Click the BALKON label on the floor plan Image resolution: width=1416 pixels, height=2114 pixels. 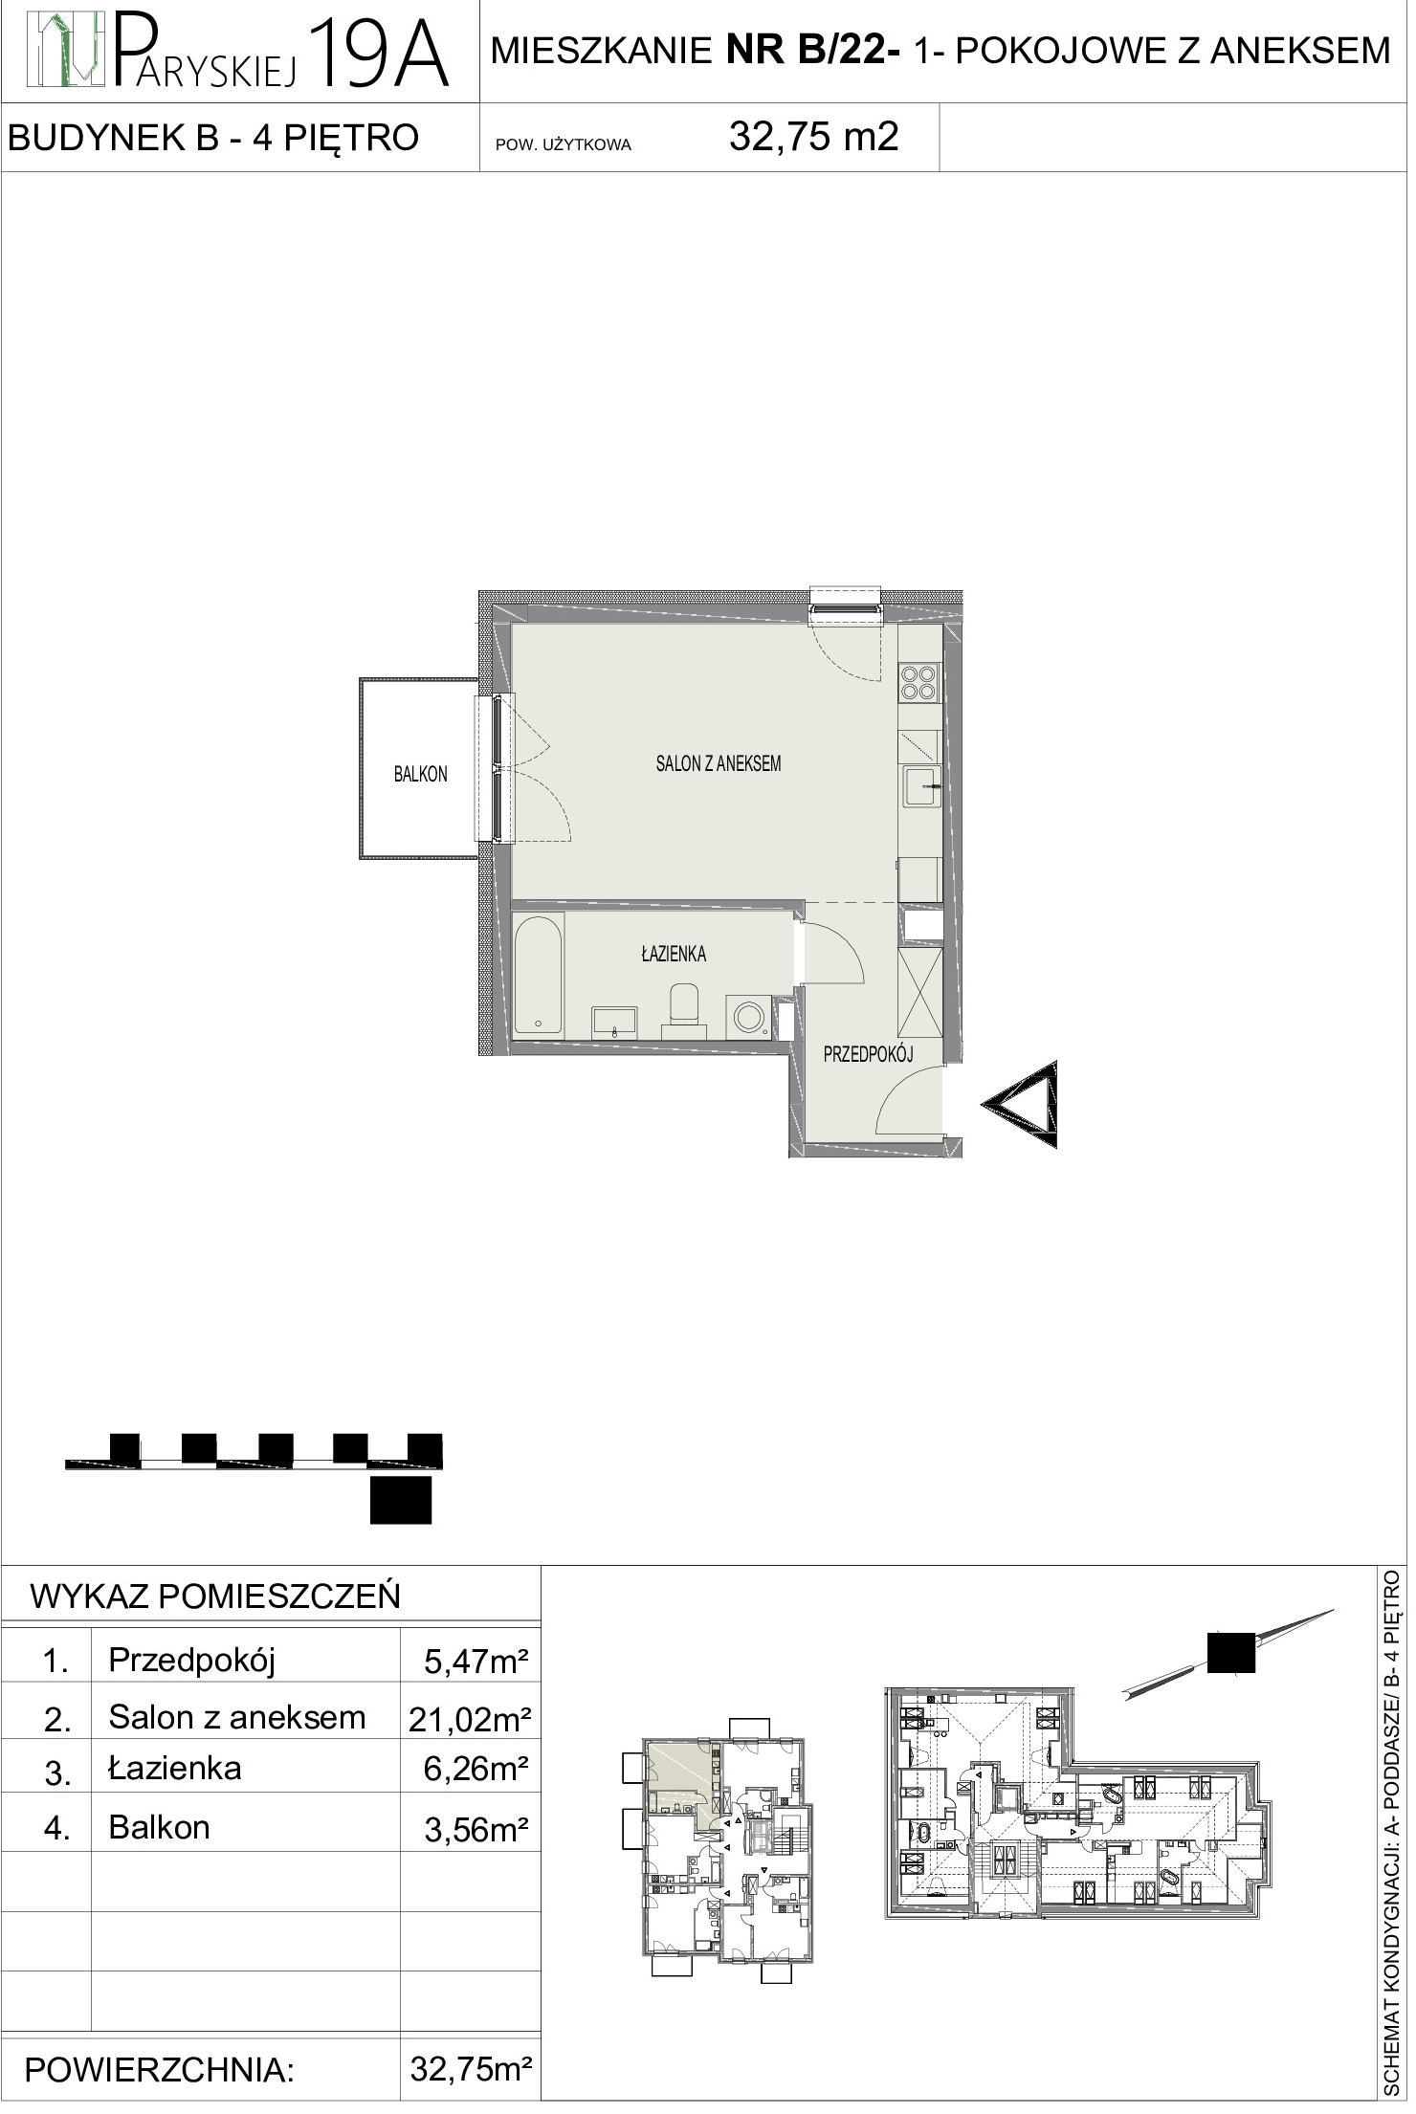tap(421, 775)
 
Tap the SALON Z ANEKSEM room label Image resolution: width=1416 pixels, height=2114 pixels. tap(719, 763)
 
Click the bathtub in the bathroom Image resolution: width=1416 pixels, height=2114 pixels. tap(540, 975)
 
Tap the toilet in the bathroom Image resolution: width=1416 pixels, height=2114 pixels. tap(685, 1010)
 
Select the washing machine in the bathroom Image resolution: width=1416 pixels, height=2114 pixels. tap(752, 1016)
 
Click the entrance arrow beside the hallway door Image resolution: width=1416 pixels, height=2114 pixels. tap(1021, 1104)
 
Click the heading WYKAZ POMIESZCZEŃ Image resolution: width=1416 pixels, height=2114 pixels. tap(215, 1597)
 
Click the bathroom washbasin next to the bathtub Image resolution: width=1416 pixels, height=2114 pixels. tap(614, 1021)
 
